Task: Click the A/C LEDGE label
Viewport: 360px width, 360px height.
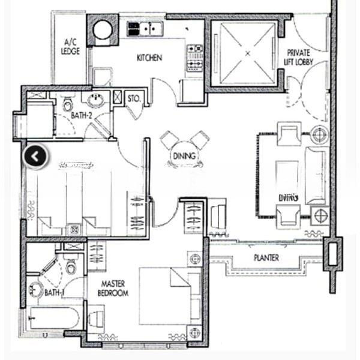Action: click(70, 47)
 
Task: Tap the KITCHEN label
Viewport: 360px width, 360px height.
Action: click(149, 58)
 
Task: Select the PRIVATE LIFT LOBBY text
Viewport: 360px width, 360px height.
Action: click(299, 57)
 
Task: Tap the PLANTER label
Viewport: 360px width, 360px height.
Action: click(266, 258)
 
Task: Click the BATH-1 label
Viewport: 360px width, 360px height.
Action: click(55, 293)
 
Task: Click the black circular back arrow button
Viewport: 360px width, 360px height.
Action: click(35, 157)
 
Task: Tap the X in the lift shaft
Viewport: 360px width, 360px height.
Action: click(247, 54)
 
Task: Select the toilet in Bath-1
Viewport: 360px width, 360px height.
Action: click(71, 265)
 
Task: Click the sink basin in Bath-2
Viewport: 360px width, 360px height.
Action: click(95, 100)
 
